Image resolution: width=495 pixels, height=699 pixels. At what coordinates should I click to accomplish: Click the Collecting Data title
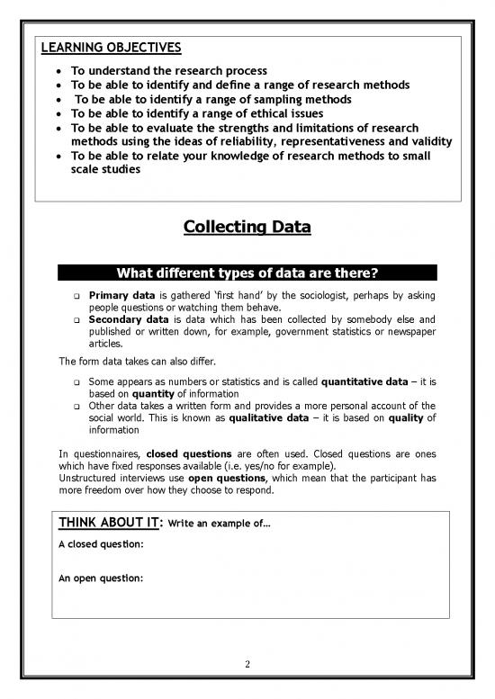(247, 228)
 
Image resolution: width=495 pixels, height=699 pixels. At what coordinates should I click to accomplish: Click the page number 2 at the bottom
(247, 665)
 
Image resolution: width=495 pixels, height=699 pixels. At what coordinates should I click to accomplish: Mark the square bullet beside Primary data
(78, 297)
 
